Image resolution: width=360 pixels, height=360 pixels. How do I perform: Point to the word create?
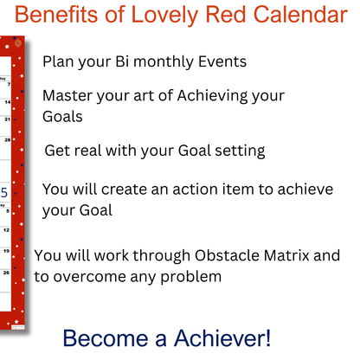[x=132, y=190]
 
